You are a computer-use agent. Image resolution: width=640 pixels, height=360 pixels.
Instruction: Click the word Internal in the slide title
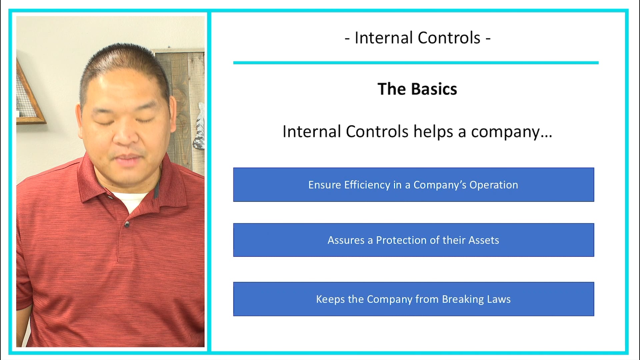(383, 38)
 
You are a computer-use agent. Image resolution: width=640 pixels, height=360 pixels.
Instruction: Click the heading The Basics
(417, 89)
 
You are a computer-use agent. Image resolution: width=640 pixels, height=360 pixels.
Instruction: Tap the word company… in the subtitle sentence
(511, 132)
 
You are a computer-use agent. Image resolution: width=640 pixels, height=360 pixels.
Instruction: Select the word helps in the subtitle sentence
(433, 132)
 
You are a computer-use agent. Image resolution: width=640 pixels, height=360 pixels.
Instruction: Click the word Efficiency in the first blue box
(367, 185)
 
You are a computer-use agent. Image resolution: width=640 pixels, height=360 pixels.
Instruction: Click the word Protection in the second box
(401, 240)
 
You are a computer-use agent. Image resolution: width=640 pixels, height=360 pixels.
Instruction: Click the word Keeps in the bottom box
(330, 299)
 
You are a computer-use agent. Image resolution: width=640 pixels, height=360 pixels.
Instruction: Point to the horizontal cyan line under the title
(416, 63)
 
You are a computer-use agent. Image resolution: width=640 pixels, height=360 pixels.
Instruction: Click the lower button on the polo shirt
(127, 225)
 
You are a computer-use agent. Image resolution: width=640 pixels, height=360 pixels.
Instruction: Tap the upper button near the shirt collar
(110, 197)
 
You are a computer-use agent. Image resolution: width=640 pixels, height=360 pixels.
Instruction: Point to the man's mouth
(128, 159)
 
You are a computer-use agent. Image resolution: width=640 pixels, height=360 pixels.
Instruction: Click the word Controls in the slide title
(449, 38)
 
